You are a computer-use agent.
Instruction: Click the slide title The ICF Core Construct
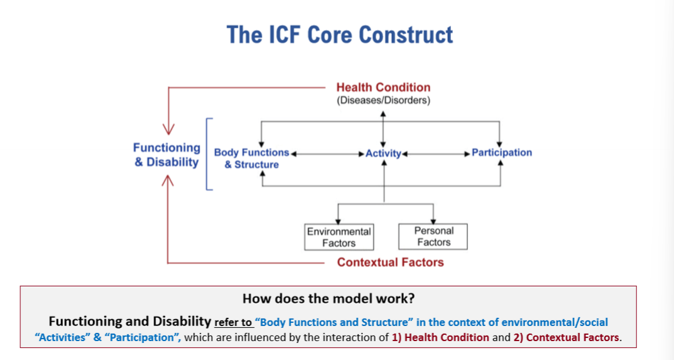[x=339, y=35]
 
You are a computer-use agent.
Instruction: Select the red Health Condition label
[x=383, y=87]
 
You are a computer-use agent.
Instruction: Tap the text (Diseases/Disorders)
[x=383, y=100]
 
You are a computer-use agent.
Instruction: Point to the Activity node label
[x=383, y=153]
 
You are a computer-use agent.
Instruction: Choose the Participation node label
[x=501, y=153]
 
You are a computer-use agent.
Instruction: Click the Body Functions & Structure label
[x=251, y=158]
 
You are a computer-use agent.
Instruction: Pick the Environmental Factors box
[x=339, y=237]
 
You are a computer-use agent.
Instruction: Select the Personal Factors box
[x=433, y=236]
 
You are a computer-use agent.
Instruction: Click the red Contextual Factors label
[x=390, y=262]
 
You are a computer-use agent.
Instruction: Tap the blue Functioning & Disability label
[x=166, y=155]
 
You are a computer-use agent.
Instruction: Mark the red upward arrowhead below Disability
[x=168, y=181]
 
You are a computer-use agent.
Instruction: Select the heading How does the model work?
[x=329, y=298]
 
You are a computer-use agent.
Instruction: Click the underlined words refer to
[x=233, y=322]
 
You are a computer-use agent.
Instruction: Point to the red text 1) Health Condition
[x=440, y=337]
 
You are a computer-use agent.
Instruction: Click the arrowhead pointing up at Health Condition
[x=383, y=114]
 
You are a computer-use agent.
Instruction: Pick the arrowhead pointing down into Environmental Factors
[x=339, y=221]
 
